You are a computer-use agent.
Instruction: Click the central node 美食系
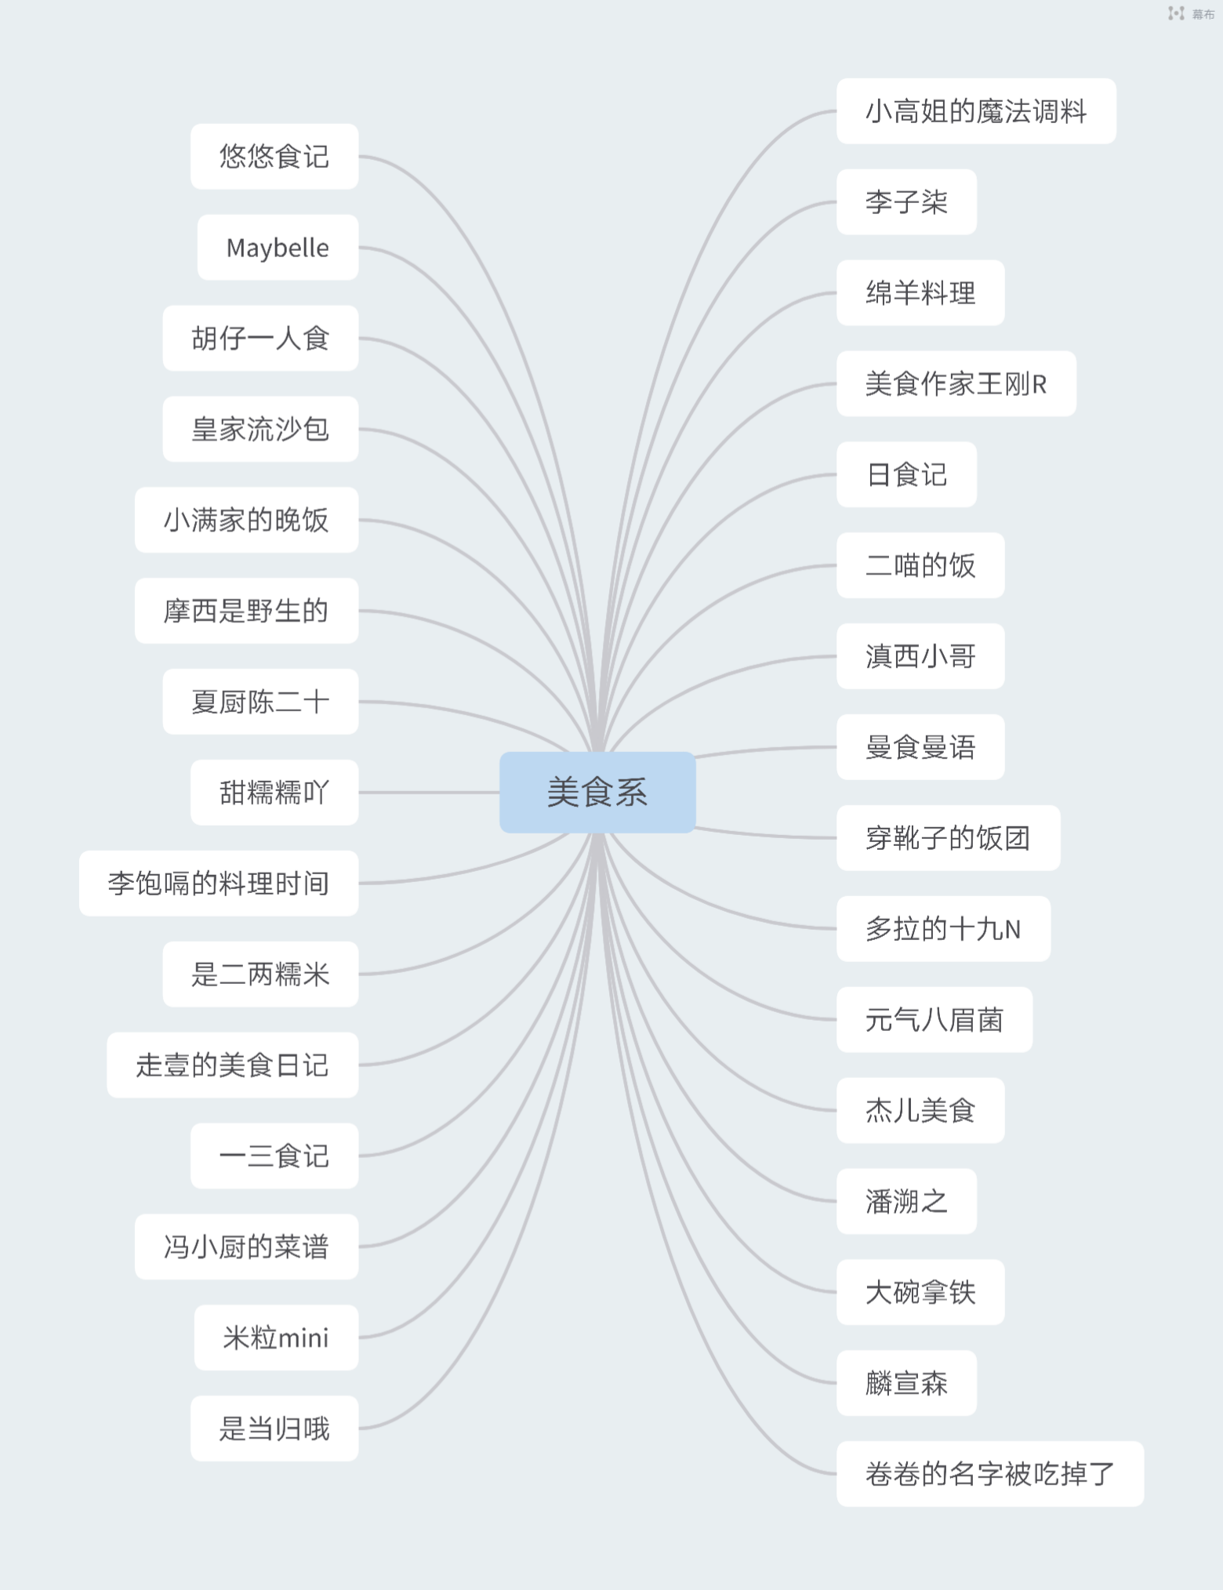[x=597, y=792]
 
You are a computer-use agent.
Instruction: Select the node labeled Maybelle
[x=278, y=248]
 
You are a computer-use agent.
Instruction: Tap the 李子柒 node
[x=906, y=202]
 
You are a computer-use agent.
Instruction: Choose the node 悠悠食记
[x=274, y=157]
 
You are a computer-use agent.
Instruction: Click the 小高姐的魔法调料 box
[x=976, y=111]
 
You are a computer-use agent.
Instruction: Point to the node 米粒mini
[x=276, y=1338]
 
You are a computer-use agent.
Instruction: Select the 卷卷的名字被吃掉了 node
[x=989, y=1474]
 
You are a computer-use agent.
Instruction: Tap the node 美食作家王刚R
[x=956, y=384]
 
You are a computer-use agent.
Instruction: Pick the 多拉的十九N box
[x=943, y=929]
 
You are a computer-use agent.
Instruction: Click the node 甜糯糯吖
[x=274, y=793]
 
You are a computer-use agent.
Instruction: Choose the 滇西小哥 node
[x=920, y=656]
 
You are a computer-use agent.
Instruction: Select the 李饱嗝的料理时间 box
[x=219, y=884]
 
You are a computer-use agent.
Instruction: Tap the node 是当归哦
[x=274, y=1428]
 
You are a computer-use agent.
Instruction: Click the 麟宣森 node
[x=906, y=1383]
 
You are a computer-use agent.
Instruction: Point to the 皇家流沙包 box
[x=260, y=430]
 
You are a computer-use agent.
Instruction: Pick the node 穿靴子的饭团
[x=948, y=838]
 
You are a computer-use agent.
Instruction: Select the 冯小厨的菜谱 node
[x=246, y=1247]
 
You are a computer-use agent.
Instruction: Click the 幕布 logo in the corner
[x=1190, y=13]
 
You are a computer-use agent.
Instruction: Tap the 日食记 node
[x=906, y=475]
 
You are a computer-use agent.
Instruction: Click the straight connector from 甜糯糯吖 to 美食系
[x=429, y=793]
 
